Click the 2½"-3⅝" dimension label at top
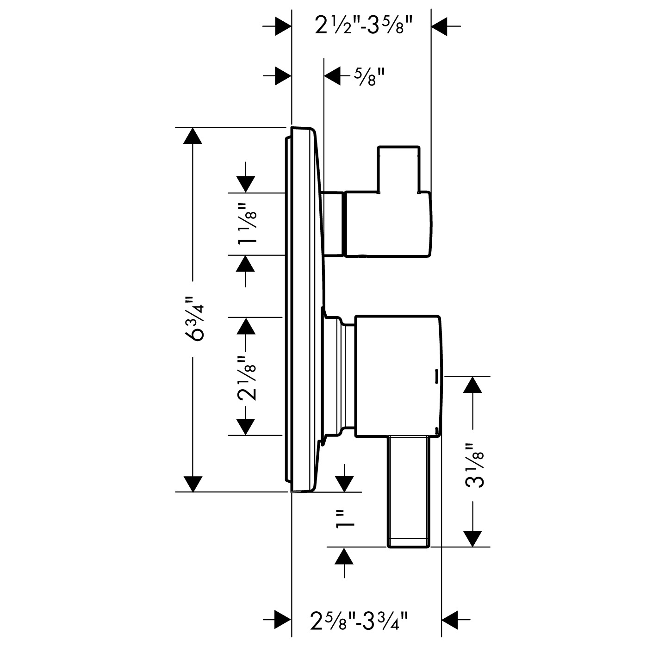click(x=364, y=26)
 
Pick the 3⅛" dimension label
click(x=475, y=466)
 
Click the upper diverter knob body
click(x=388, y=224)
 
